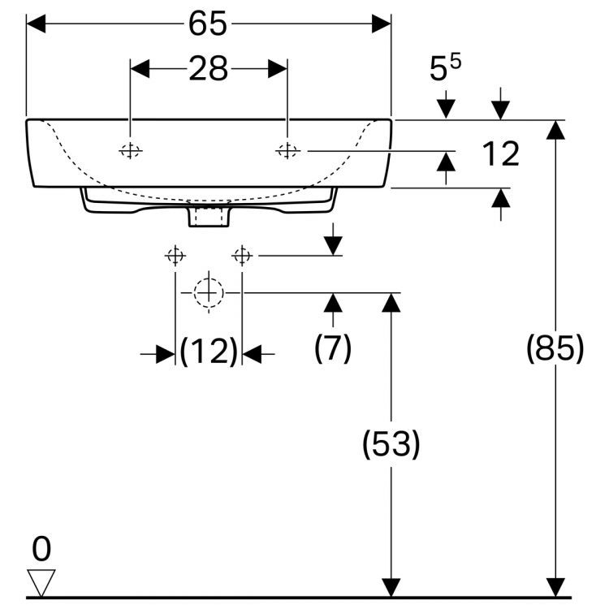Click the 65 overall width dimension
tap(208, 24)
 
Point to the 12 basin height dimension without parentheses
tap(500, 153)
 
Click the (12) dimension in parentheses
tap(208, 352)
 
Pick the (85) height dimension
tap(555, 349)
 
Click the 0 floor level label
tap(41, 550)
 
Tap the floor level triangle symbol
tap(41, 581)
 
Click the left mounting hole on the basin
tap(131, 150)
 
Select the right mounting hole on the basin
tap(287, 150)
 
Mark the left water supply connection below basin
tap(175, 256)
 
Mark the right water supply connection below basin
tap(241, 256)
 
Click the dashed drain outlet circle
tap(209, 292)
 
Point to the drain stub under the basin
tap(209, 214)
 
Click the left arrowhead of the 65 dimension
tap(37, 24)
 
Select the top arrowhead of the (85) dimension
tap(555, 130)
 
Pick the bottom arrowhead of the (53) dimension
tap(391, 587)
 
